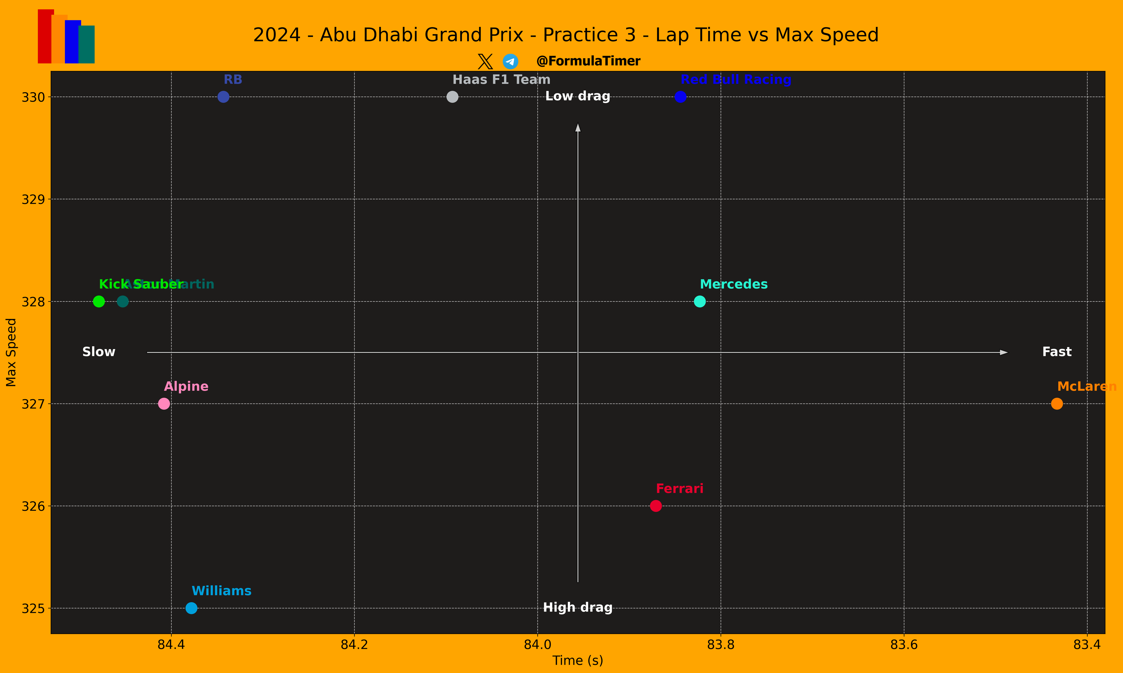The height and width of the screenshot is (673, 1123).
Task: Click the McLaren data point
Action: tap(1057, 404)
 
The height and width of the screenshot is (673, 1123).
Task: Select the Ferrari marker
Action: tap(656, 506)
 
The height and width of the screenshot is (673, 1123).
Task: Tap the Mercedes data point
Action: tap(700, 301)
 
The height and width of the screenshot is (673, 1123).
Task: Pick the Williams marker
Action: tap(191, 608)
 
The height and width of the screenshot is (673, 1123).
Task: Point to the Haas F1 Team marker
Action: tap(452, 97)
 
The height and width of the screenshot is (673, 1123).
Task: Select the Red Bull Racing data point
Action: tap(680, 97)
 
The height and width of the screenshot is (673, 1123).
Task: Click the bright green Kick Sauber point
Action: tap(99, 301)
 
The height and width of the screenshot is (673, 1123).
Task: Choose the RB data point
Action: tap(223, 97)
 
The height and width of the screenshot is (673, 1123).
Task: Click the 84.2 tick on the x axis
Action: tap(354, 644)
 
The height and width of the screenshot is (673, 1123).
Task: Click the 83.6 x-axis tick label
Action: tap(904, 644)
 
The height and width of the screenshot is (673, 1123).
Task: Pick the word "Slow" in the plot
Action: tap(99, 352)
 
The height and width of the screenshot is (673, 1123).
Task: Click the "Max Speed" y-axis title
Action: tap(11, 352)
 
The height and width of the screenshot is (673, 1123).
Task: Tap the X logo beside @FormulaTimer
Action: tap(485, 61)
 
